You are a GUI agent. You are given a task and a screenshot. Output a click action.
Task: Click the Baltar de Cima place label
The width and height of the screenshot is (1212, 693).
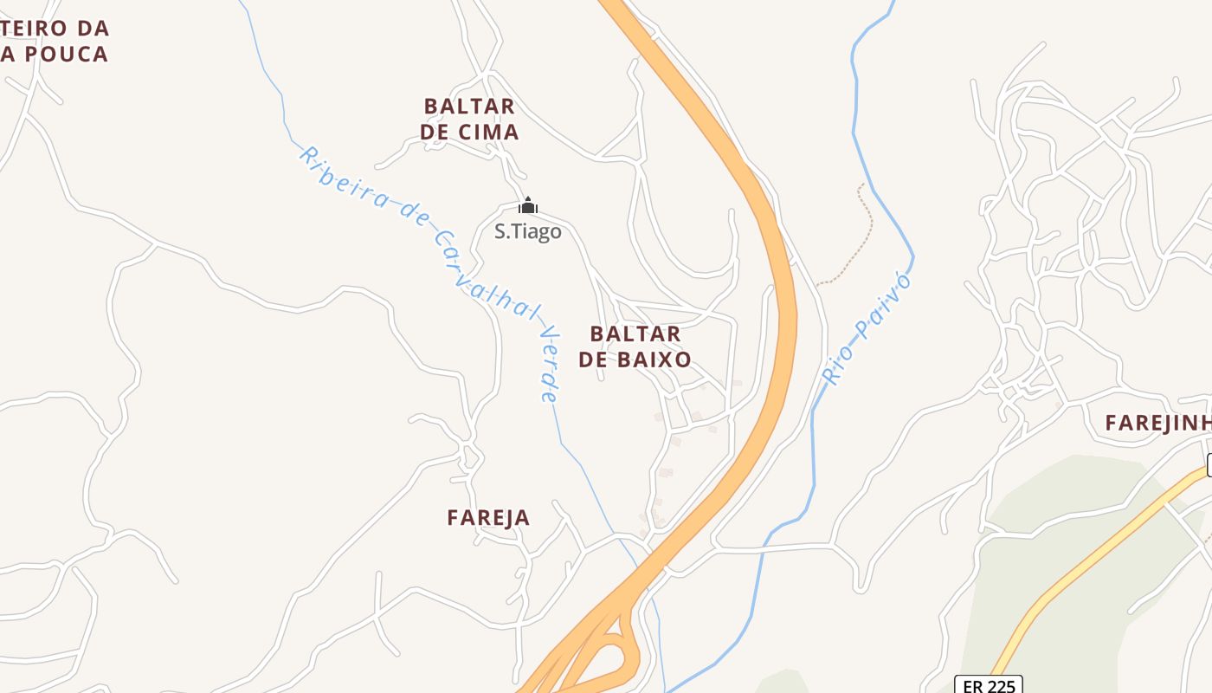pos(469,119)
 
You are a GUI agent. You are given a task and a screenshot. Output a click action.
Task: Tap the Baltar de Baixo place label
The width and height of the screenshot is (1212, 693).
pos(635,346)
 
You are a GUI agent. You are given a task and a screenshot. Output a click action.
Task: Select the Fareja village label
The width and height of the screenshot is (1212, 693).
pos(488,517)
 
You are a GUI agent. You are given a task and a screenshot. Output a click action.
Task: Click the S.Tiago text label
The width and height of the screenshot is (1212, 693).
pos(527,232)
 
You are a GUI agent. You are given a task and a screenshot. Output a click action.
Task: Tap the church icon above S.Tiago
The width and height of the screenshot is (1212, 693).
pos(528,206)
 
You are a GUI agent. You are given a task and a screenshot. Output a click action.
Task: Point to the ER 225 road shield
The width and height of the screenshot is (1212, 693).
pos(988,685)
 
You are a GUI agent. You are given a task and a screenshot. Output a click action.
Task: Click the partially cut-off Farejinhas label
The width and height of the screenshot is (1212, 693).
pos(1157,423)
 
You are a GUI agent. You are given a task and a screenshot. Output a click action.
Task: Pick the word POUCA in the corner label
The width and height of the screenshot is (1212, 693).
pos(65,54)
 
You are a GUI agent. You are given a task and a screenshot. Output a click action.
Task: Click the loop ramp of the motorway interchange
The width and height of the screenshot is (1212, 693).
pos(620,653)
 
